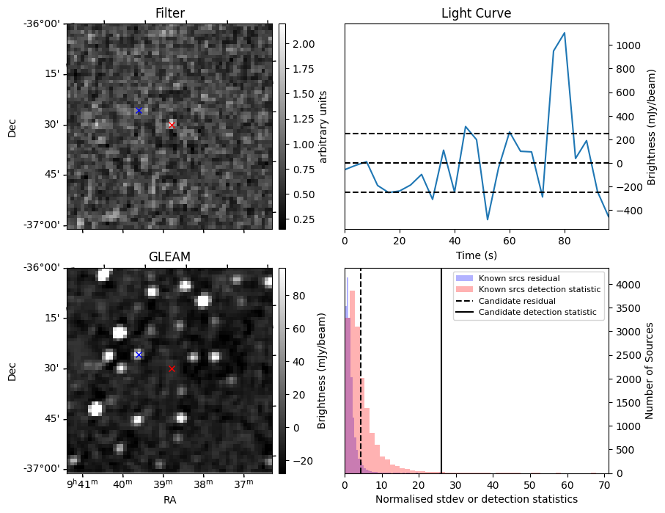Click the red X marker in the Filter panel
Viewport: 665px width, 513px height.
[x=172, y=125]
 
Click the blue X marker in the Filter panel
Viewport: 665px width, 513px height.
[x=139, y=111]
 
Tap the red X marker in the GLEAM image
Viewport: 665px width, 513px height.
[x=172, y=368]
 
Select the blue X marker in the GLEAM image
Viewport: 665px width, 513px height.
[x=139, y=354]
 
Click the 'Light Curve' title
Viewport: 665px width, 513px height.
[x=476, y=14]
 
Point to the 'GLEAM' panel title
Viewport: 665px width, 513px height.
[x=169, y=257]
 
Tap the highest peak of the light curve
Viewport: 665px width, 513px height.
[x=564, y=33]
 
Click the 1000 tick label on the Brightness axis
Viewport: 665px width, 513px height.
[x=630, y=46]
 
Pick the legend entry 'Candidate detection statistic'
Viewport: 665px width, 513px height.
[x=537, y=313]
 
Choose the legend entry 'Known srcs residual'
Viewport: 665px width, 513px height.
[x=519, y=278]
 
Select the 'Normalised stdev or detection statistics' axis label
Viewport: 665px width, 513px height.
[x=476, y=499]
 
